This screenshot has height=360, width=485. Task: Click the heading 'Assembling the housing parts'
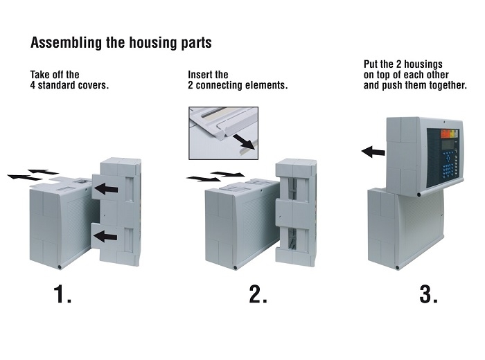[121, 43]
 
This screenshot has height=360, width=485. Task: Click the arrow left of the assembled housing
[373, 151]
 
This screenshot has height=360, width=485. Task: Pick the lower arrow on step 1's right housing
[106, 237]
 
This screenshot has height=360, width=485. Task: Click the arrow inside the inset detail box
[244, 143]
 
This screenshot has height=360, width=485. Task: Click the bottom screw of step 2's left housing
[237, 265]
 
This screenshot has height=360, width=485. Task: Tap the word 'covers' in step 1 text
[98, 87]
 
